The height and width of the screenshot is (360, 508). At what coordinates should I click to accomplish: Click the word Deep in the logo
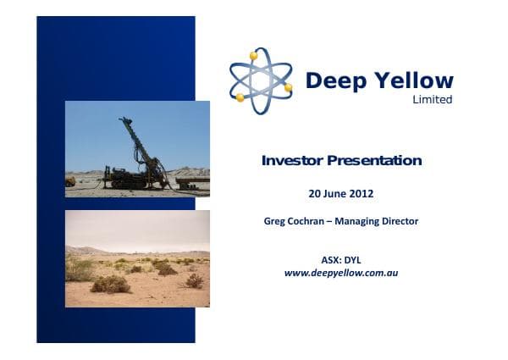tap(332, 80)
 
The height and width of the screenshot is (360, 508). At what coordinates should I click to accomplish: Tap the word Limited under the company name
tap(433, 99)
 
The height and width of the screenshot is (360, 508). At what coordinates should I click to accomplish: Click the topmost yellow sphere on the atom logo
tap(253, 56)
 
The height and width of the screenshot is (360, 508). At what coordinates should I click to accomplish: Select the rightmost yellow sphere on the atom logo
tap(288, 87)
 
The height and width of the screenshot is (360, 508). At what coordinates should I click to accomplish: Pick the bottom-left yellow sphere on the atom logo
tap(240, 97)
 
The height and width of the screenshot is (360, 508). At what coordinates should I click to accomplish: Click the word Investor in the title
tap(292, 160)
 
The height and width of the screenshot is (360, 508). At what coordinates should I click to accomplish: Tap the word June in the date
tap(335, 193)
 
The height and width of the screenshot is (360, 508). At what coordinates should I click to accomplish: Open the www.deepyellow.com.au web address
tap(340, 273)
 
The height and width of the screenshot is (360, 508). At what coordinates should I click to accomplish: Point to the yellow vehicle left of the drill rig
tap(70, 180)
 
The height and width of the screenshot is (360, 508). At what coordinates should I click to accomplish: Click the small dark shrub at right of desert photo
tap(195, 280)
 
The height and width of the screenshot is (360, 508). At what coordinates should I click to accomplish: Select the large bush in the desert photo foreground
tap(110, 284)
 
